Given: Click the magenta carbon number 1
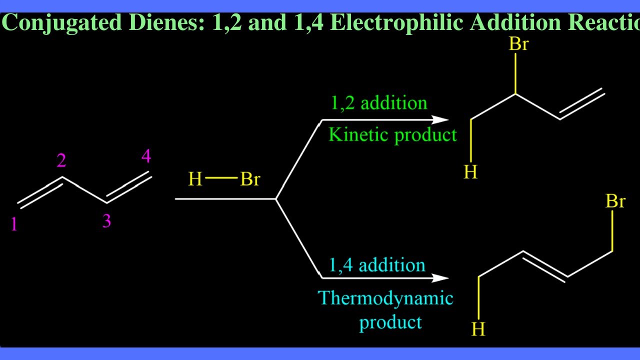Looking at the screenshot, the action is tap(14, 224).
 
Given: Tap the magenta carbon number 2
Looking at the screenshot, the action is tap(61, 160).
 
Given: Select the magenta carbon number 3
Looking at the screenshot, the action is tap(106, 220).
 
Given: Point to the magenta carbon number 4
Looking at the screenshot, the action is tap(146, 157).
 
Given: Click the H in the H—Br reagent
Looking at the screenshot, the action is tap(195, 179).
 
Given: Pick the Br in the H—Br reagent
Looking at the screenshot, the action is tap(250, 179).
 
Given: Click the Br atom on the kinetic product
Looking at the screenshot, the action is tap(518, 44).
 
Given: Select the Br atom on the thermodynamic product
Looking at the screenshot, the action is tap(615, 201).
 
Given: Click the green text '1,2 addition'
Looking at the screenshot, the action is tap(379, 103).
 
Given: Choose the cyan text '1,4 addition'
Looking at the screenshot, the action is tap(377, 264).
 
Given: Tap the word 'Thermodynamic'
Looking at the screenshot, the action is tap(386, 298).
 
